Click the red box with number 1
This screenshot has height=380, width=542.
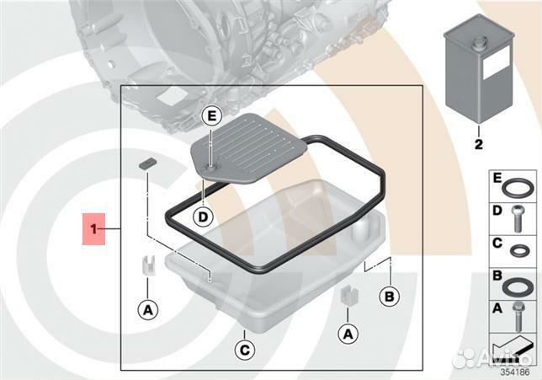93,229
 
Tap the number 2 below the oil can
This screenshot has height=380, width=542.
478,144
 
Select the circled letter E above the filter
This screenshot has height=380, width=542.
211,115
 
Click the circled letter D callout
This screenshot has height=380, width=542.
204,217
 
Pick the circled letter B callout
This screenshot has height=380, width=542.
389,297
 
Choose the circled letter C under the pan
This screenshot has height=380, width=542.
244,350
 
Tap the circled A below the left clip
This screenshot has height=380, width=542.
148,310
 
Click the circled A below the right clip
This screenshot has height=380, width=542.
348,334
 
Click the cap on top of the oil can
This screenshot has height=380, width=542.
480,43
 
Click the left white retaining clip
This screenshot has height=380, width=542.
148,265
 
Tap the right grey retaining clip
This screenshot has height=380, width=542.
348,296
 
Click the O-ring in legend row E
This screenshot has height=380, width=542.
515,188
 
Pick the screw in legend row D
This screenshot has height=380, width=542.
518,218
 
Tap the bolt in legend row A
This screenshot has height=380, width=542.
518,316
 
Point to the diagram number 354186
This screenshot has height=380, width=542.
515,372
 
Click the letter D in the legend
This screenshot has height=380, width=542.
497,211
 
